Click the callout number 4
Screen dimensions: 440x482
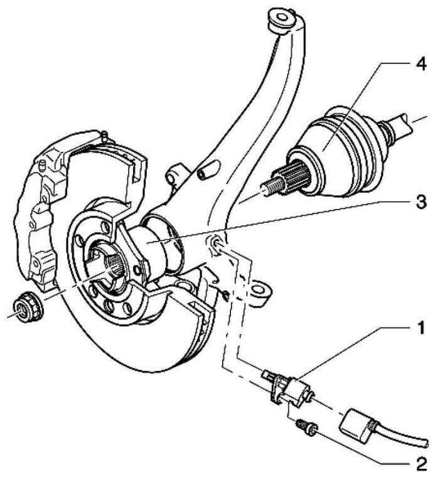coord(421,65)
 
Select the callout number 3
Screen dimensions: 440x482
coord(421,203)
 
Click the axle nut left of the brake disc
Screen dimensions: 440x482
coord(28,306)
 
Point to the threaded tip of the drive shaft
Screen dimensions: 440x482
coord(272,186)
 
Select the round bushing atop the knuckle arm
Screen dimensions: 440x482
coord(282,19)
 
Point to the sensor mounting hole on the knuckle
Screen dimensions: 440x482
coord(216,244)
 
